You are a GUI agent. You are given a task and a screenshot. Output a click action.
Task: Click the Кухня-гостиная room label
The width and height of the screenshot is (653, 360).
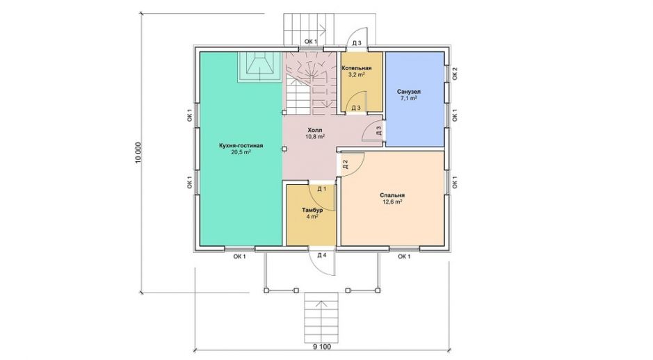pyautogui.click(x=241, y=146)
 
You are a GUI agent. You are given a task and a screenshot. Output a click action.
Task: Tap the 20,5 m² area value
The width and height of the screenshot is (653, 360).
pyautogui.click(x=241, y=152)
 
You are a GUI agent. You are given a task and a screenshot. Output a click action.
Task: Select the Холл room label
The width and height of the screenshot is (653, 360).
pyautogui.click(x=315, y=130)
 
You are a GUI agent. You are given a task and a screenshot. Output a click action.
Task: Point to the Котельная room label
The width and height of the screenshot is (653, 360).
pyautogui.click(x=357, y=68)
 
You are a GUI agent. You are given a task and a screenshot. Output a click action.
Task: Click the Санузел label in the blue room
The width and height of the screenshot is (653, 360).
pyautogui.click(x=408, y=92)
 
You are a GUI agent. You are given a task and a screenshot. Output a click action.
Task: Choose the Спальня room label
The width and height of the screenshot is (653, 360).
pyautogui.click(x=392, y=195)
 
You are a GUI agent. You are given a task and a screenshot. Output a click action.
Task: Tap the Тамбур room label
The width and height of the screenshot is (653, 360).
pyautogui.click(x=312, y=210)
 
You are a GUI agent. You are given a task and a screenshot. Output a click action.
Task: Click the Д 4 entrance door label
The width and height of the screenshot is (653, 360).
pyautogui.click(x=321, y=255)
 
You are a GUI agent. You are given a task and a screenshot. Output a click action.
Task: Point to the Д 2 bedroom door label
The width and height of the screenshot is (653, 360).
pyautogui.click(x=345, y=165)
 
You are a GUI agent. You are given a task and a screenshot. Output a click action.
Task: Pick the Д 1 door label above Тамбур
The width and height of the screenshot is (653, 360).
pyautogui.click(x=321, y=189)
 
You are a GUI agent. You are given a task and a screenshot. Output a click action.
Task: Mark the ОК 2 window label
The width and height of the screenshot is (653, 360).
pyautogui.click(x=455, y=73)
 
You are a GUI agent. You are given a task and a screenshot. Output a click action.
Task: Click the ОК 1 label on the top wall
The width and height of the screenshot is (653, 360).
pyautogui.click(x=310, y=41)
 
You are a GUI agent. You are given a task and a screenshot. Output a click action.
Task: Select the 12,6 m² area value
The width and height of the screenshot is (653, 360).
pyautogui.click(x=392, y=202)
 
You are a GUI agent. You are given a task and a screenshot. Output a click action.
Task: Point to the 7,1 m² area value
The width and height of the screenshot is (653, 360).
pyautogui.click(x=408, y=99)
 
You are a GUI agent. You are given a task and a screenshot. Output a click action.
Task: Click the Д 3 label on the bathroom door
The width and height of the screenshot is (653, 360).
pyautogui.click(x=378, y=131)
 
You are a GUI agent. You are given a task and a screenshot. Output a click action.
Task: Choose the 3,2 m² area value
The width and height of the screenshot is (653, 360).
pyautogui.click(x=357, y=75)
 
